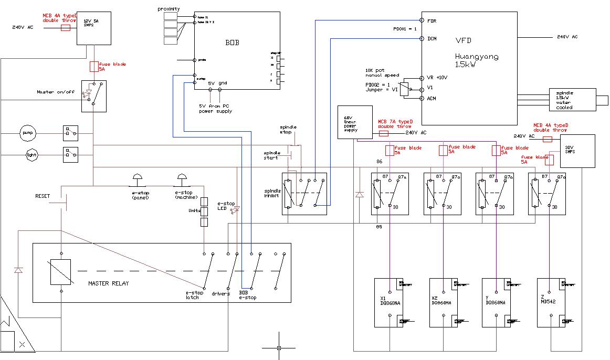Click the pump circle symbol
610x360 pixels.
tap(27, 133)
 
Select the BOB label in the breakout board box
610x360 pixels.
tap(232, 43)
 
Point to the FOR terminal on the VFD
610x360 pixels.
tap(432, 21)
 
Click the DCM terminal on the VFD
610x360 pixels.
tap(432, 38)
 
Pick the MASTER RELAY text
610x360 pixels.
tap(108, 283)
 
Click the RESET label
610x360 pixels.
tap(43, 196)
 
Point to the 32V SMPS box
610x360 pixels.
tap(574, 151)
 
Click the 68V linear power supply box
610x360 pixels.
tap(354, 122)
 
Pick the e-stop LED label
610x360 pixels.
tap(226, 206)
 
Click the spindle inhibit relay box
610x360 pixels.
tap(304, 194)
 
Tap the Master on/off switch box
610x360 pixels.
tap(94, 96)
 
